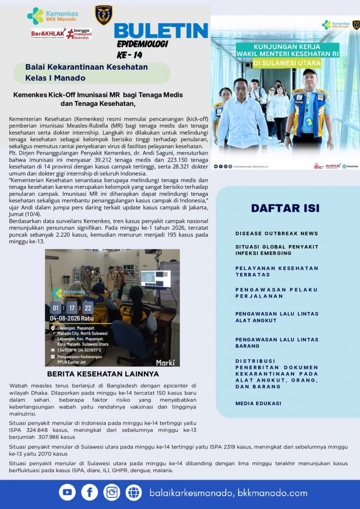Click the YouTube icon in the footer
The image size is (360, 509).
(x=67, y=492)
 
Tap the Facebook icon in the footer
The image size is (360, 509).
(x=90, y=492)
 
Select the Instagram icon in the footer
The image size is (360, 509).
(x=112, y=492)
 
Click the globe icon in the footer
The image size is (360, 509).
(x=134, y=492)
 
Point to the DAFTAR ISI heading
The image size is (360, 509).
(x=285, y=208)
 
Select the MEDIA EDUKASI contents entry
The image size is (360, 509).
(x=258, y=403)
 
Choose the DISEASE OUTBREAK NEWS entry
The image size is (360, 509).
(x=276, y=233)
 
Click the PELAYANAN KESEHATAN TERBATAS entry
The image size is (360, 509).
(x=276, y=271)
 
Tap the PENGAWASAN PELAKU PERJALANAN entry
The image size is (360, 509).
(x=276, y=293)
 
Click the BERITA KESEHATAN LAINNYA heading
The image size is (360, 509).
(x=102, y=374)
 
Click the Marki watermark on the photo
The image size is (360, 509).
(x=165, y=362)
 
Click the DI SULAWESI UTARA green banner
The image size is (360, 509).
(x=286, y=64)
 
